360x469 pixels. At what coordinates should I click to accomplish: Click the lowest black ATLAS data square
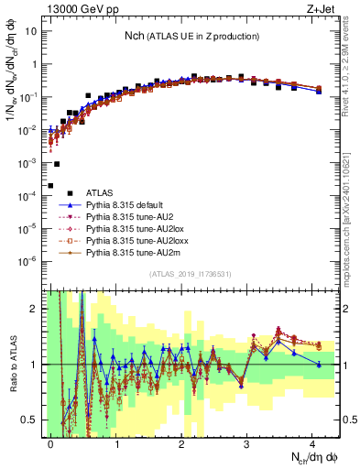click(50, 186)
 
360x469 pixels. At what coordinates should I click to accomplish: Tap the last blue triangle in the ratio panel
click(319, 365)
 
